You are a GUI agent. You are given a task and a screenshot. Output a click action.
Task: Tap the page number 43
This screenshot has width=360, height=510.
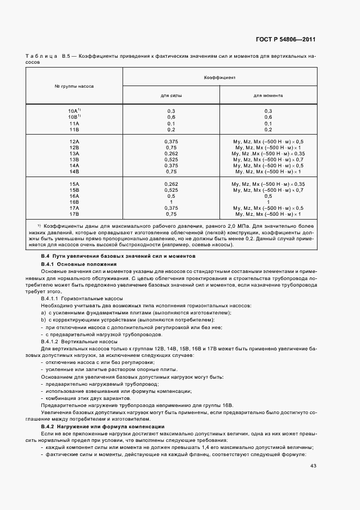[313, 465]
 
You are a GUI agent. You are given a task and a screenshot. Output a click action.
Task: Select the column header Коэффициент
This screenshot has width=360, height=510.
[219, 78]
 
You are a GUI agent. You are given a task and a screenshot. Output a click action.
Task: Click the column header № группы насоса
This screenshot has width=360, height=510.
[75, 87]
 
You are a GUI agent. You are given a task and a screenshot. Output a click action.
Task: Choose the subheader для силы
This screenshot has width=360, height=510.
[171, 95]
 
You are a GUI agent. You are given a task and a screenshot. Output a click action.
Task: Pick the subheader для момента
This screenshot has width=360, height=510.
[267, 95]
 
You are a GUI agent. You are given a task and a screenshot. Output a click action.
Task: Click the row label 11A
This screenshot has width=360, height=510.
[75, 123]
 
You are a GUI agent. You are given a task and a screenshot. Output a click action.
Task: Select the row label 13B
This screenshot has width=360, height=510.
[75, 159]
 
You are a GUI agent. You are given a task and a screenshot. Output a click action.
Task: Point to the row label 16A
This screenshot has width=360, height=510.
[75, 196]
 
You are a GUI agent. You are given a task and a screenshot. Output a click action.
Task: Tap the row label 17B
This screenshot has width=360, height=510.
[75, 214]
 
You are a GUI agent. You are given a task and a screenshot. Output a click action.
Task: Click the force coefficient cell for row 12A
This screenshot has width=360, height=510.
[171, 141]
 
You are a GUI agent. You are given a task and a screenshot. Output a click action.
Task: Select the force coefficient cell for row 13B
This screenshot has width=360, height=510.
[171, 159]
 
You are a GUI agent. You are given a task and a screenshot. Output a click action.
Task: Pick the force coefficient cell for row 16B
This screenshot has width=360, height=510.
[171, 202]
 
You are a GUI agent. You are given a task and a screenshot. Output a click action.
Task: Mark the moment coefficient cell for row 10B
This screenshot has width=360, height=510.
[267, 117]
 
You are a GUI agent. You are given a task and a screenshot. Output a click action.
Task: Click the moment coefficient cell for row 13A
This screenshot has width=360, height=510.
[267, 153]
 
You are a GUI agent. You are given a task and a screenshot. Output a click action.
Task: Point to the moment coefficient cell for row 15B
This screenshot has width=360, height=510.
[267, 190]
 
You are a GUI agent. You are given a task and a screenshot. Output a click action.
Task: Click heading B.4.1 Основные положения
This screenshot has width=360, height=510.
[72, 264]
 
